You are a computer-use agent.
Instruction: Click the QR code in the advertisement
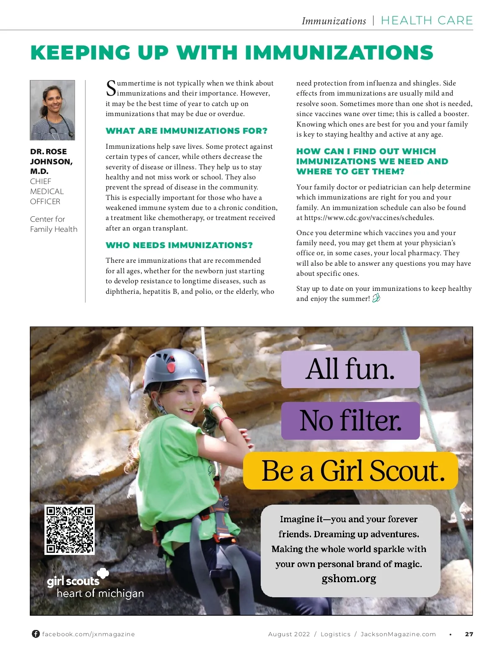click(x=70, y=530)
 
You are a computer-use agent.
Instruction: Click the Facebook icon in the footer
click(x=36, y=634)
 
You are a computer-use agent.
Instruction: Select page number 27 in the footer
click(x=469, y=634)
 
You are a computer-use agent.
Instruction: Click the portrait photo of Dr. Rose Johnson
click(x=52, y=110)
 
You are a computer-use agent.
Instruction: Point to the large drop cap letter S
click(x=111, y=88)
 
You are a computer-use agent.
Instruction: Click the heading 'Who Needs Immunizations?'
click(x=179, y=245)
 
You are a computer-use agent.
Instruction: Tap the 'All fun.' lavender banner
click(x=350, y=369)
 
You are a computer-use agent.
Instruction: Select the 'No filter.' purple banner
click(x=350, y=421)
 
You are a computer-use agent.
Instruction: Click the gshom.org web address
click(x=349, y=579)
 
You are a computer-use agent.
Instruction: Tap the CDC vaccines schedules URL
click(x=369, y=218)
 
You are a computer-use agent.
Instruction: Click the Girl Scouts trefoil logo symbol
click(x=103, y=573)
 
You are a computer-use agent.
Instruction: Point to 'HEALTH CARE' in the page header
click(x=427, y=21)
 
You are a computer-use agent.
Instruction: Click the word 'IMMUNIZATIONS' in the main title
click(x=339, y=53)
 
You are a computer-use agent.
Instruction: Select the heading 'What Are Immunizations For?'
click(x=186, y=131)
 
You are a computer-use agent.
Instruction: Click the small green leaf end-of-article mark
click(x=376, y=298)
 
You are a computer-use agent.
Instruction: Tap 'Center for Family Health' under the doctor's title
click(x=54, y=224)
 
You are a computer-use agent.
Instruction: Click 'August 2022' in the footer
click(x=289, y=634)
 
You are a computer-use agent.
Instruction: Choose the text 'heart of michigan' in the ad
click(x=100, y=593)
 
